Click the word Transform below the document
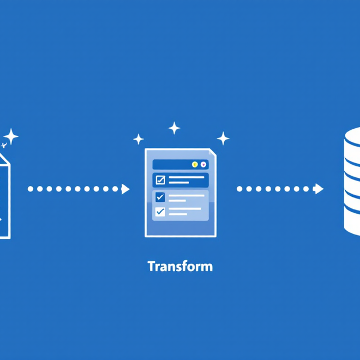click(x=180, y=267)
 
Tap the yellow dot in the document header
click(x=195, y=164)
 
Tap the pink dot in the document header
click(x=203, y=164)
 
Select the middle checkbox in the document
click(x=160, y=197)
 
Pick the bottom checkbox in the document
click(x=160, y=211)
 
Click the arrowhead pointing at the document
click(x=126, y=189)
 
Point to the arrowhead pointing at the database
click(x=319, y=189)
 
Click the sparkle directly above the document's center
click(x=174, y=129)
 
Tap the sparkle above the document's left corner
click(x=139, y=139)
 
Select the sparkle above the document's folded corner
click(x=223, y=137)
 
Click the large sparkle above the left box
click(x=11, y=136)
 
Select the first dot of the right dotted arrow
click(x=239, y=189)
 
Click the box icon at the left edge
click(x=4, y=196)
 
